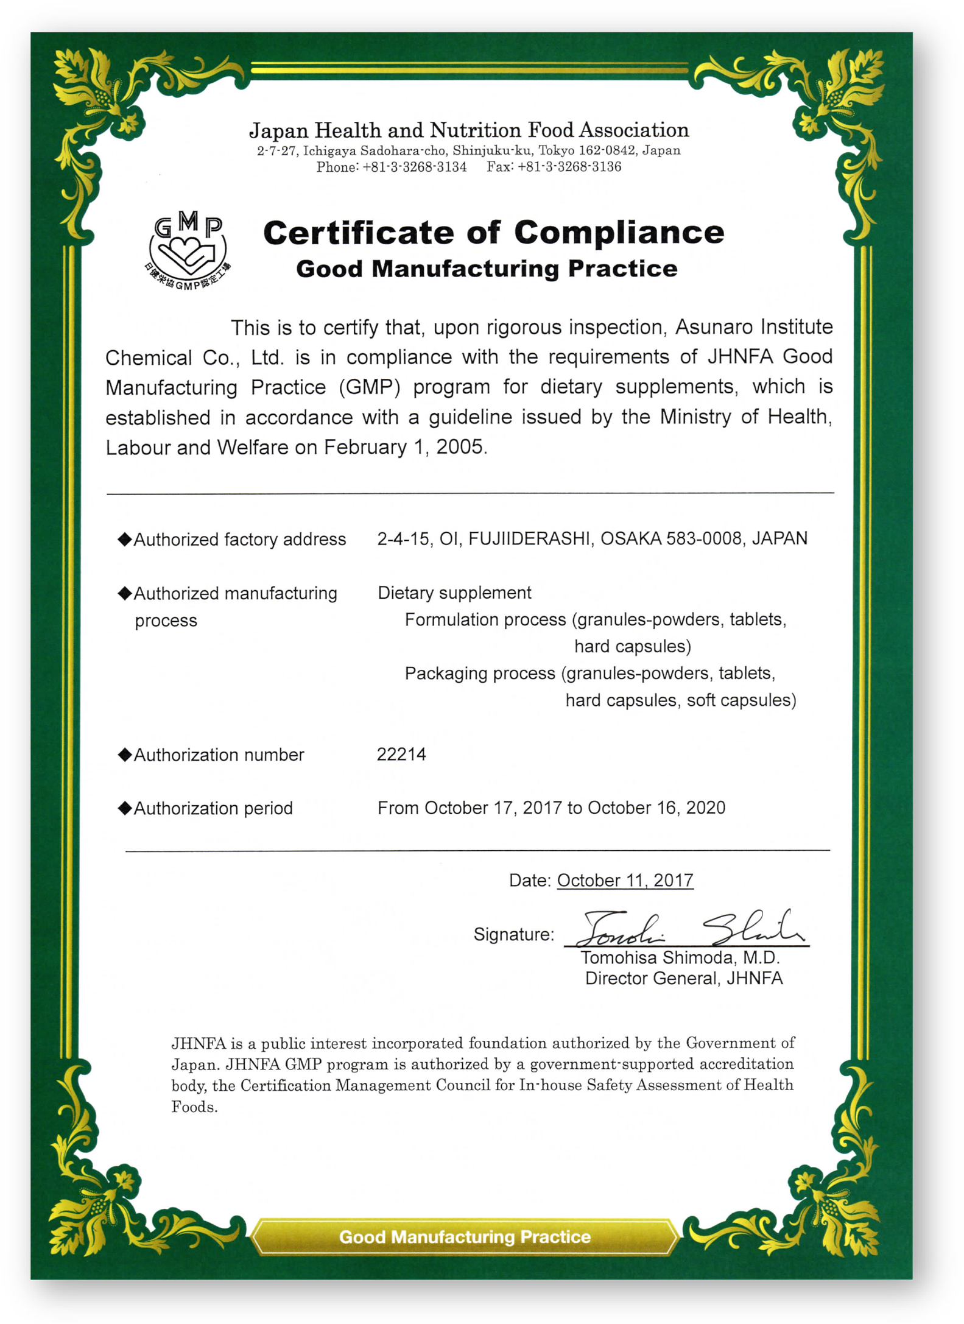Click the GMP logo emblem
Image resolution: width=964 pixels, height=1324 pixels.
point(189,251)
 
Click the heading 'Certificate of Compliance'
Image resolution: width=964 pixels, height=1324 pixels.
point(493,233)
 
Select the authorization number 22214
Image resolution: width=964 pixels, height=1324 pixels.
point(401,755)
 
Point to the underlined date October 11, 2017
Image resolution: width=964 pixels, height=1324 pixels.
point(625,881)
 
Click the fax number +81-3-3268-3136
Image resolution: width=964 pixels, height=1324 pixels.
point(569,167)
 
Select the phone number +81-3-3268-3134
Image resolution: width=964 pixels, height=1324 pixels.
point(414,167)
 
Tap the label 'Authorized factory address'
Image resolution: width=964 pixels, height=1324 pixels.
point(239,540)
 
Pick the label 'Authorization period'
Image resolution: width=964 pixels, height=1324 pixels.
point(213,809)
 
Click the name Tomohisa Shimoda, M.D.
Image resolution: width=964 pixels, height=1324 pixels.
point(680,958)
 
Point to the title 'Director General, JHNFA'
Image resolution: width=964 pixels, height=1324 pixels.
point(684,979)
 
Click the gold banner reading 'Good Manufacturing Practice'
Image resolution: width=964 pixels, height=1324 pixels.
point(465,1237)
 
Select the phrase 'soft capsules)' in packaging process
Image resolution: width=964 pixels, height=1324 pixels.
point(741,700)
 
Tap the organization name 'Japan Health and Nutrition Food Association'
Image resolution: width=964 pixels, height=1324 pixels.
point(469,130)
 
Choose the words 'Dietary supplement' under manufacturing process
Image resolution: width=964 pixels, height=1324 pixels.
point(454,593)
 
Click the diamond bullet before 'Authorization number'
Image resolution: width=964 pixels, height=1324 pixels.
point(125,755)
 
